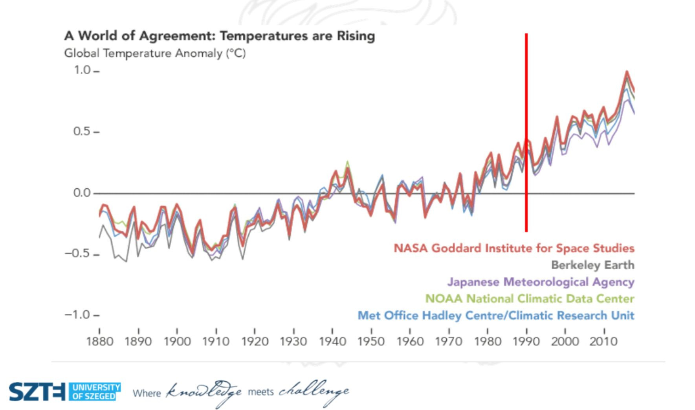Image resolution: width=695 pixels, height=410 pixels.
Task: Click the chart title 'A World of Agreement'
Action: [219, 36]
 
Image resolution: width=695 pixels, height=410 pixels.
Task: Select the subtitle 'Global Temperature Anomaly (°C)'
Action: [155, 53]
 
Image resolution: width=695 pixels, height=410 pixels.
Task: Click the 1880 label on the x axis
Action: [99, 341]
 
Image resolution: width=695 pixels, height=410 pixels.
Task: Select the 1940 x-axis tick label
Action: [332, 341]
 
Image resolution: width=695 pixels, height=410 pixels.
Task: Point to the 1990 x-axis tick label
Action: [526, 341]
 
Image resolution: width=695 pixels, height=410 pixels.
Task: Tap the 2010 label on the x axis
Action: [603, 341]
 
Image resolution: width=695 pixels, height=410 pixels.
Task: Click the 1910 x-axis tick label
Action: [216, 341]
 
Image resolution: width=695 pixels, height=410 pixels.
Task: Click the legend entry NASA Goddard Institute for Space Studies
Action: [514, 248]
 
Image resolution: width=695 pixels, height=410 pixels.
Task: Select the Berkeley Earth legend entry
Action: [592, 265]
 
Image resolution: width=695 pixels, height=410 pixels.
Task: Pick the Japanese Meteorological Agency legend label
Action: [541, 282]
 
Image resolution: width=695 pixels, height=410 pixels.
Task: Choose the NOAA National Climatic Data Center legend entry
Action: [530, 299]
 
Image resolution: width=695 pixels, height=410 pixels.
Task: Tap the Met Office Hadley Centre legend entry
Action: [496, 316]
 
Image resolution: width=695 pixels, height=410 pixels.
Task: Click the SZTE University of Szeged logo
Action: [65, 392]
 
